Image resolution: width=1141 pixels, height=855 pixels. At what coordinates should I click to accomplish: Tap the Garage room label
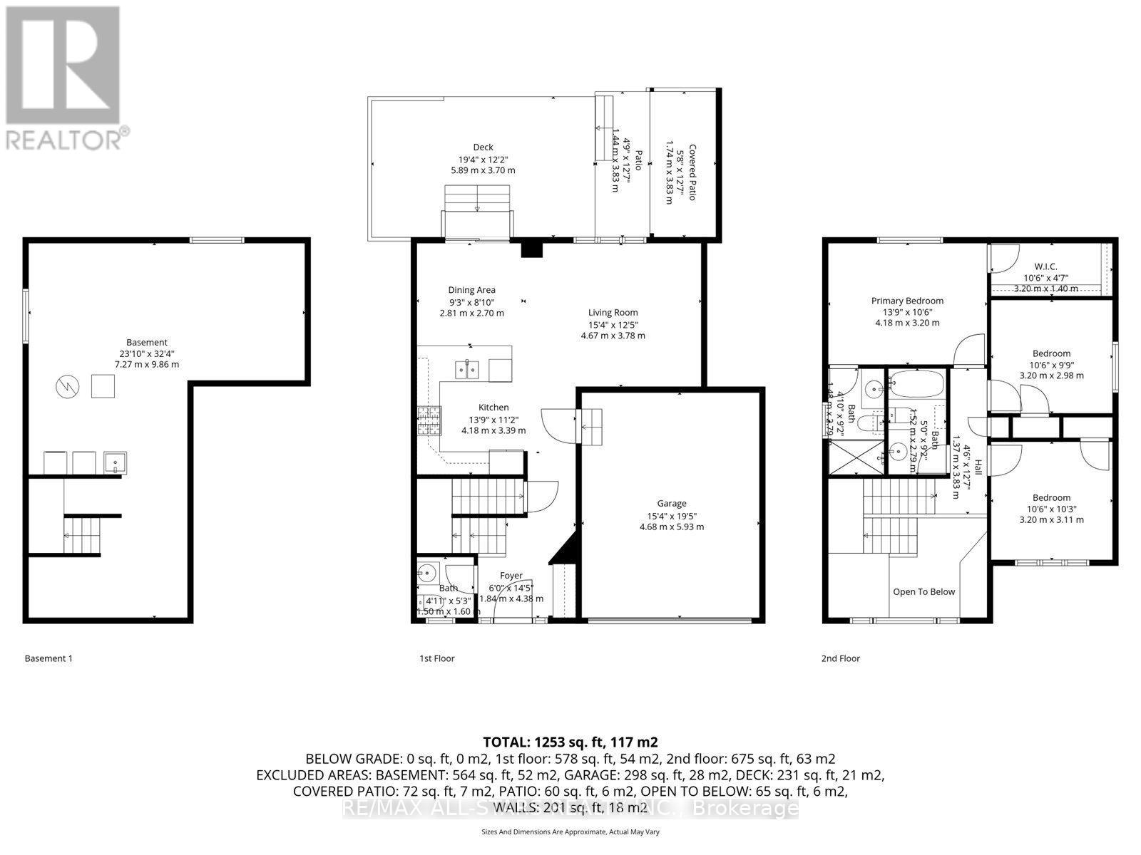pos(671,503)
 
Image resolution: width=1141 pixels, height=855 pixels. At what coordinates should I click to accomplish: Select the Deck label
pos(483,147)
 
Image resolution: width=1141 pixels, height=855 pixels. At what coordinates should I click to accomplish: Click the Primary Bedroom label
pos(907,301)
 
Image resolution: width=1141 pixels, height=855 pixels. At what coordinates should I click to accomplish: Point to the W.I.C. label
pos(1045,266)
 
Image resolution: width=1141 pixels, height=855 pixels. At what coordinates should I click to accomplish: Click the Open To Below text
pos(923,591)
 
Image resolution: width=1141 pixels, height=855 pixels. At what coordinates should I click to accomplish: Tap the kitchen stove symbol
pos(429,420)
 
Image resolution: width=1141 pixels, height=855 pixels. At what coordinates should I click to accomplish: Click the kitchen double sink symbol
pos(468,369)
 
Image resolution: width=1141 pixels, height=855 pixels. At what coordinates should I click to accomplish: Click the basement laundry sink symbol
pos(115,463)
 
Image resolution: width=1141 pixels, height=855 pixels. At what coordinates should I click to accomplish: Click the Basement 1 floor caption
pos(48,658)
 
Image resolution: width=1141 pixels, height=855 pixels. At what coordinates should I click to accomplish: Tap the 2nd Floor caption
pos(840,658)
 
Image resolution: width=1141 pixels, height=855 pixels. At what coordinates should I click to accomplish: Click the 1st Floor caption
pos(436,658)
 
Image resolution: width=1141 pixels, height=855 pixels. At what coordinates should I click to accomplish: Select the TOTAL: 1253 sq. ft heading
pos(570,742)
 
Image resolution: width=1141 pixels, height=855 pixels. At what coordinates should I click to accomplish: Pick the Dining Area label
pos(471,290)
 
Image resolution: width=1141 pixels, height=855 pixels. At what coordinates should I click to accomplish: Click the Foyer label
pos(511,576)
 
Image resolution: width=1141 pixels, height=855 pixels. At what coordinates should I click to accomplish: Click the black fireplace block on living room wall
pos(532,249)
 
